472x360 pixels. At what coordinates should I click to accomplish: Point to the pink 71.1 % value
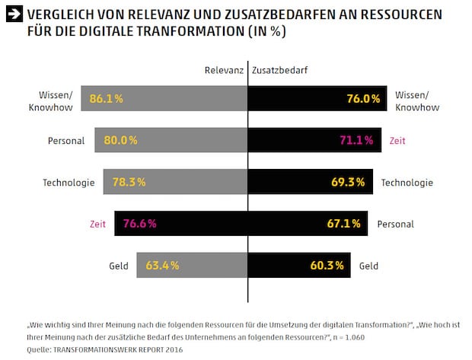356,141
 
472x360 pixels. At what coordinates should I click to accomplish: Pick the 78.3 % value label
128,183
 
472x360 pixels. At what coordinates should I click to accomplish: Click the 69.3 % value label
349,183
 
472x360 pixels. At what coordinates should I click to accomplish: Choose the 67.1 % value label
344,225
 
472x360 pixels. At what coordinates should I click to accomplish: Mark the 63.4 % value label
161,266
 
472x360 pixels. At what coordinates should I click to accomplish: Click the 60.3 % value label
329,266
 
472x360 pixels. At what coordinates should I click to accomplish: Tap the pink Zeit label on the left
97,225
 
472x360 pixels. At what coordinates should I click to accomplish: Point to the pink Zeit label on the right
397,141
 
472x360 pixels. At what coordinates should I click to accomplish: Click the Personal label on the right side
395,225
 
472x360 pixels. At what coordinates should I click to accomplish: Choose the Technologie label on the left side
69,183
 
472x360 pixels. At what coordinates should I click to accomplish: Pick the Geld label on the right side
368,266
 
